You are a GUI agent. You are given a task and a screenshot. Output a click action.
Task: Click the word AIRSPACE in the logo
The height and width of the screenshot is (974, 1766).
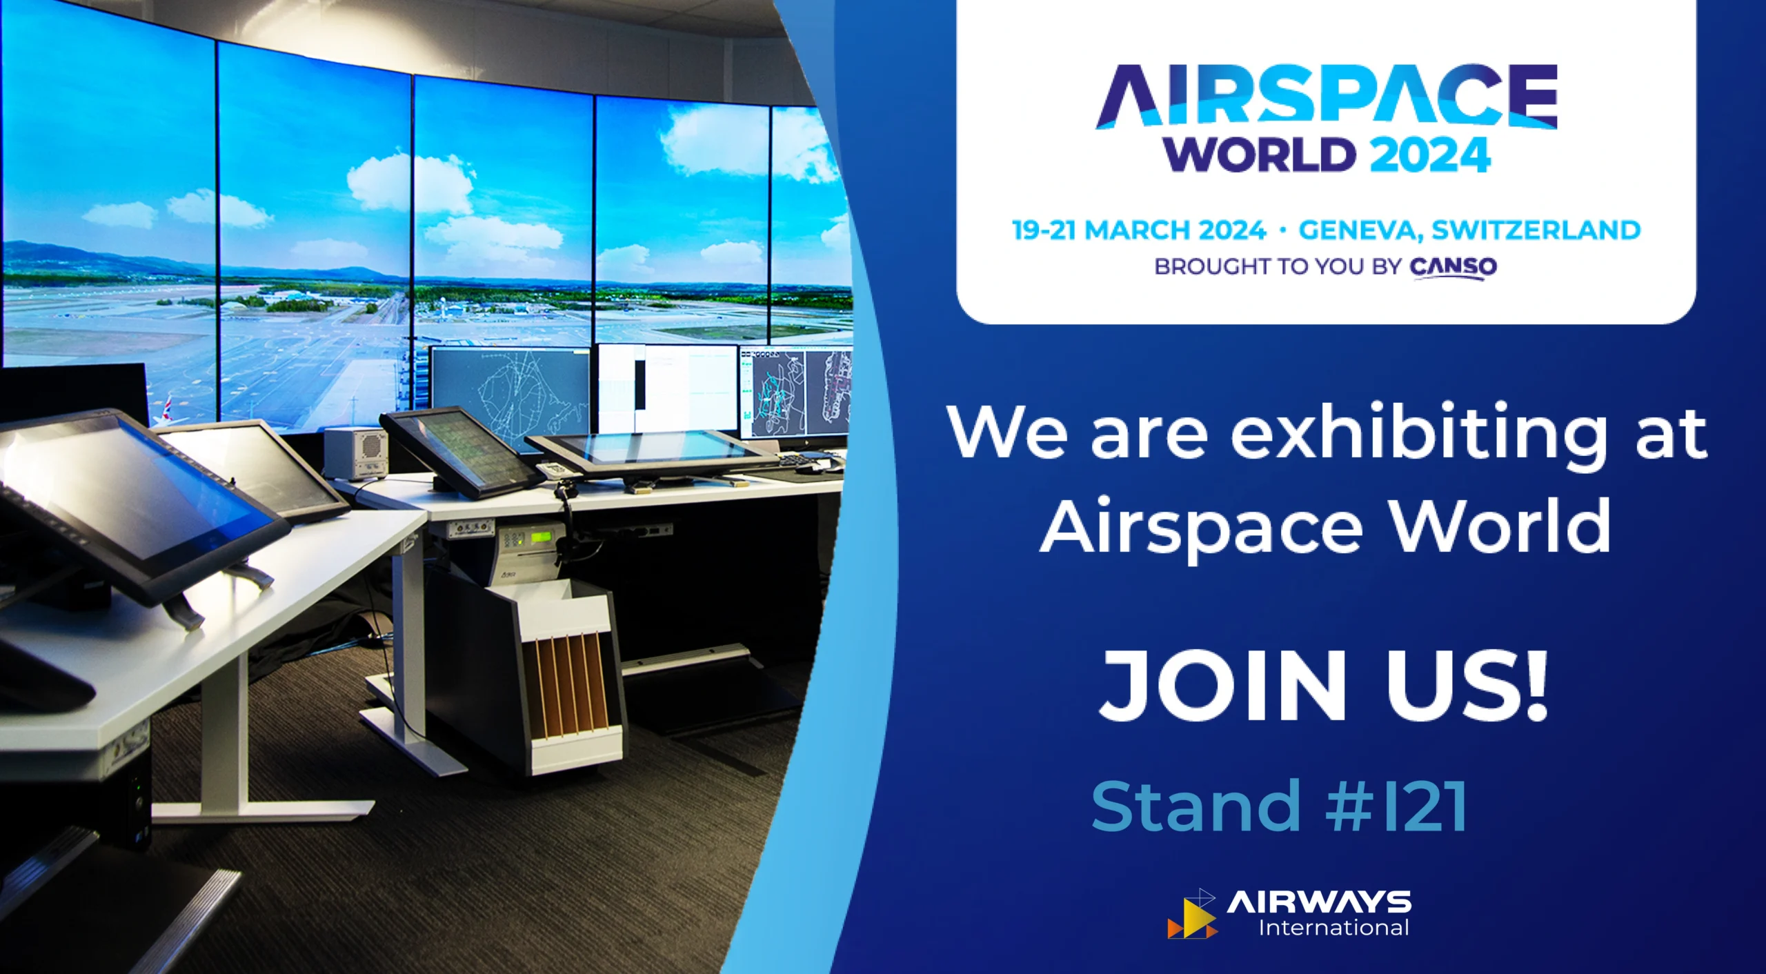[x=1326, y=96]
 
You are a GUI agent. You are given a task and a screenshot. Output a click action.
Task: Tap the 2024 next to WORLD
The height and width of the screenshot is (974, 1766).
[x=1429, y=155]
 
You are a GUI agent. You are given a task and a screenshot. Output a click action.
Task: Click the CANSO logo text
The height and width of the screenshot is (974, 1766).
[x=1453, y=267]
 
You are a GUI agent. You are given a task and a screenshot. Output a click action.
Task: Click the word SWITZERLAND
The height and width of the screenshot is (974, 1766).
[x=1536, y=230]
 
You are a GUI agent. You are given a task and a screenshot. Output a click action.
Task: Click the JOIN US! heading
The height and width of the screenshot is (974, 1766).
[x=1324, y=686]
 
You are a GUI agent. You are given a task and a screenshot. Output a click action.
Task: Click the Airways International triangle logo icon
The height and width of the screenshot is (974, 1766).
[x=1192, y=915]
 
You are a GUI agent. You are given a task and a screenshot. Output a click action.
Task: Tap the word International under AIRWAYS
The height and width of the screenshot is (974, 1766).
[x=1333, y=928]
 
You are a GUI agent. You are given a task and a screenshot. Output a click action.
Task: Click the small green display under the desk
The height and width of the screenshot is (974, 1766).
[x=539, y=536]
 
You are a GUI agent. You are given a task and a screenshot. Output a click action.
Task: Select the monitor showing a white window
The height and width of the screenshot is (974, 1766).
[x=668, y=390]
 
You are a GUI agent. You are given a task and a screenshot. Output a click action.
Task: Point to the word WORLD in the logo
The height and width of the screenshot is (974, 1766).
[x=1260, y=155]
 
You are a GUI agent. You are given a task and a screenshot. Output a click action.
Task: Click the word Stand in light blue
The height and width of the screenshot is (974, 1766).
[x=1196, y=806]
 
